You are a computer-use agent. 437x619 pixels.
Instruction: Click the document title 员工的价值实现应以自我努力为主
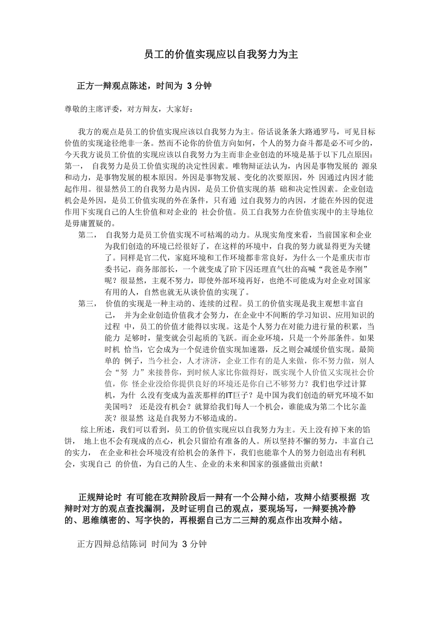click(x=221, y=55)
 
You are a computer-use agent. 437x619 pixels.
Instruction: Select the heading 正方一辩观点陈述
click(x=112, y=86)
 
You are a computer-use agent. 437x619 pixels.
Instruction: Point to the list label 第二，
click(x=87, y=235)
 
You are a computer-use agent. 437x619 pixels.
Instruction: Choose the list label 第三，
click(x=87, y=304)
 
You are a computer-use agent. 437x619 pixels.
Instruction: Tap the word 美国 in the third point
click(x=114, y=406)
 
